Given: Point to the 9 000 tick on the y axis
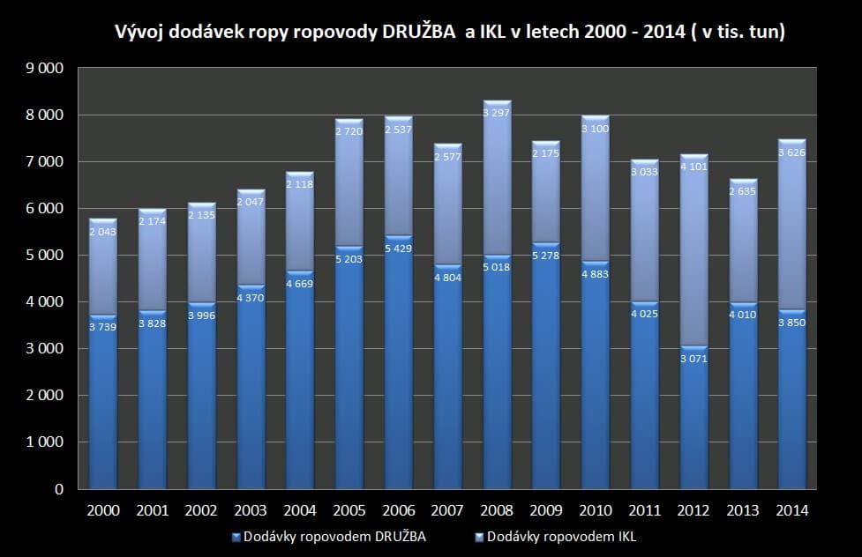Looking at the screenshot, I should coord(46,69).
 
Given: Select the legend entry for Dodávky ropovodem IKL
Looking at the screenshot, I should coord(560,537).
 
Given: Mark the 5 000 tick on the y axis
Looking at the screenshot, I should coord(46,256).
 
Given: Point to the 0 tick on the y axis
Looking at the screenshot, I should coord(59,489).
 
